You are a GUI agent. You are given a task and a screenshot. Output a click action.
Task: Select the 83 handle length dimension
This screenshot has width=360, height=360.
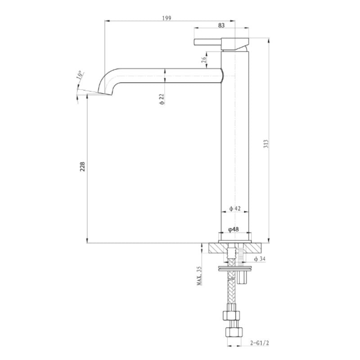pyautogui.click(x=221, y=26)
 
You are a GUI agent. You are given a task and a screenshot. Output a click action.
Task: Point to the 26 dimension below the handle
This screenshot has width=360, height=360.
pyautogui.click(x=204, y=58)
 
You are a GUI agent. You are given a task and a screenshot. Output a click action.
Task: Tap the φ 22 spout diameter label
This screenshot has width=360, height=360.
pyautogui.click(x=162, y=99)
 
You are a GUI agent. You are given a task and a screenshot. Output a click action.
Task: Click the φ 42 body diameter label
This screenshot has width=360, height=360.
pyautogui.click(x=235, y=208)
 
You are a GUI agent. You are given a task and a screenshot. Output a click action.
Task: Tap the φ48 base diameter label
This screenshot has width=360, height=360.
pyautogui.click(x=234, y=229)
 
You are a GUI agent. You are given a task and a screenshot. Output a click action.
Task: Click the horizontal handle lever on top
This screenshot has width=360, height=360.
pyautogui.click(x=208, y=42)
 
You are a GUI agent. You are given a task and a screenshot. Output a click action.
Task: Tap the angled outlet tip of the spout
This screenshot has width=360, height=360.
pyautogui.click(x=105, y=94)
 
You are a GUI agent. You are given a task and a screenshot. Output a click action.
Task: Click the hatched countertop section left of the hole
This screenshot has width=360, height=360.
pyautogui.click(x=219, y=248)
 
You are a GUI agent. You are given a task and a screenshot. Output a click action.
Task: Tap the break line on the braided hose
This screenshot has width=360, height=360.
pyautogui.click(x=232, y=281)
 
